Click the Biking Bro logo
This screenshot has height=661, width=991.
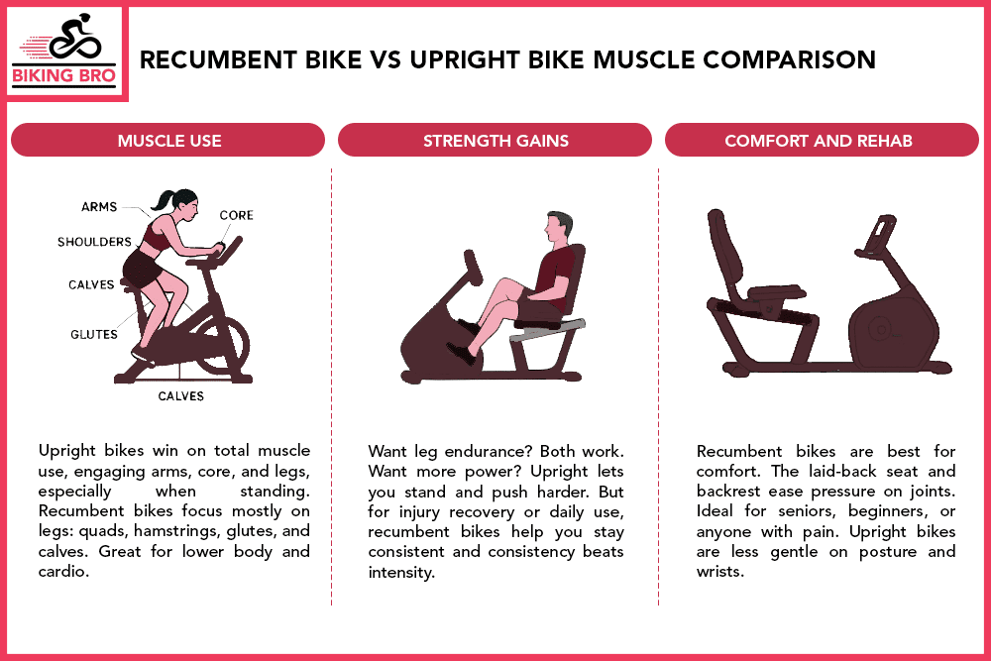click(x=66, y=53)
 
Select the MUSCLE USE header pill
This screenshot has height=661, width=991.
click(x=168, y=141)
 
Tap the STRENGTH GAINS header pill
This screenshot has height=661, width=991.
click(x=495, y=141)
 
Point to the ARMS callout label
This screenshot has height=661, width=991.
click(x=99, y=207)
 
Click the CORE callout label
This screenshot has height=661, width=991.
click(x=236, y=215)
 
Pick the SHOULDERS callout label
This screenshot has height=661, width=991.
click(x=94, y=242)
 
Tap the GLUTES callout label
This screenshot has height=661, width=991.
click(x=93, y=334)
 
